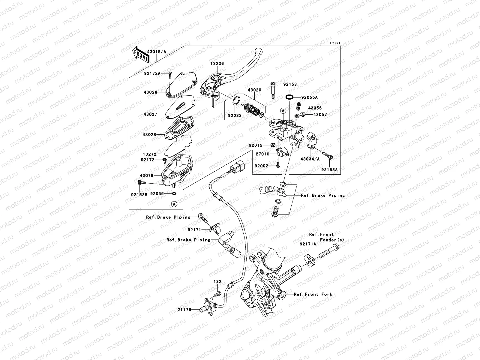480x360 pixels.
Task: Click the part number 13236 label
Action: coord(217,64)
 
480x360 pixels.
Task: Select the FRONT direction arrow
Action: coord(140,54)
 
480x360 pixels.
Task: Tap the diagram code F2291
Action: coord(335,43)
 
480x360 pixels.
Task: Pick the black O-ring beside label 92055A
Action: coord(289,97)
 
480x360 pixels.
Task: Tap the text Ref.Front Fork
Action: coord(313,294)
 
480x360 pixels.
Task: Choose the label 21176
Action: coord(184,310)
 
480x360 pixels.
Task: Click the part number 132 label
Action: coord(217,282)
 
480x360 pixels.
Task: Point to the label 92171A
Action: coord(307,244)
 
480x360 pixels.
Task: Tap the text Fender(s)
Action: coord(332,240)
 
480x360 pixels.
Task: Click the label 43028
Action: coord(150,135)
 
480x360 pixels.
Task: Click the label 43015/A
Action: coord(156,52)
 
